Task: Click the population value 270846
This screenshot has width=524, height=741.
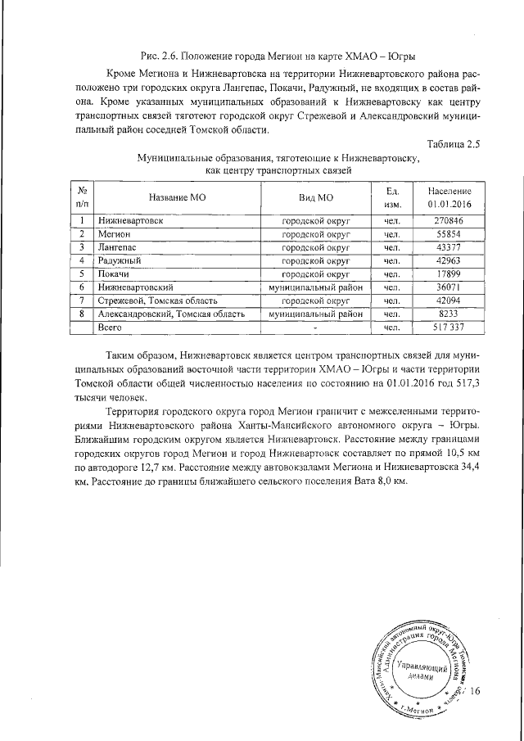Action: pos(449,221)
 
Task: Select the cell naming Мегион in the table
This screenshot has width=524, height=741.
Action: pos(114,234)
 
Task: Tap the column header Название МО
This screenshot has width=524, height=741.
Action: pos(176,197)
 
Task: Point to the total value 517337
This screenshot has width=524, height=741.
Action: pos(449,327)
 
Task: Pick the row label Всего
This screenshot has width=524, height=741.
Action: pos(111,327)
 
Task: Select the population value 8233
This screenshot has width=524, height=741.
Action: pos(449,314)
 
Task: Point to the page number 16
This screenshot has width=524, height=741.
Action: pos(476,692)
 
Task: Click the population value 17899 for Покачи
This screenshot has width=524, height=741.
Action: pos(449,273)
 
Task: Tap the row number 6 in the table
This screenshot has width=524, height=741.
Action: pos(82,287)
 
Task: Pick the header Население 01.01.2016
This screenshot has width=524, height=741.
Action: pos(449,197)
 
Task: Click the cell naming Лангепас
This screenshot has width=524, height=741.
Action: pos(117,247)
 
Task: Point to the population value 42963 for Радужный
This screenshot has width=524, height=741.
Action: pos(449,260)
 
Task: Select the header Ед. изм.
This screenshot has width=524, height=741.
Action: pos(392,197)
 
